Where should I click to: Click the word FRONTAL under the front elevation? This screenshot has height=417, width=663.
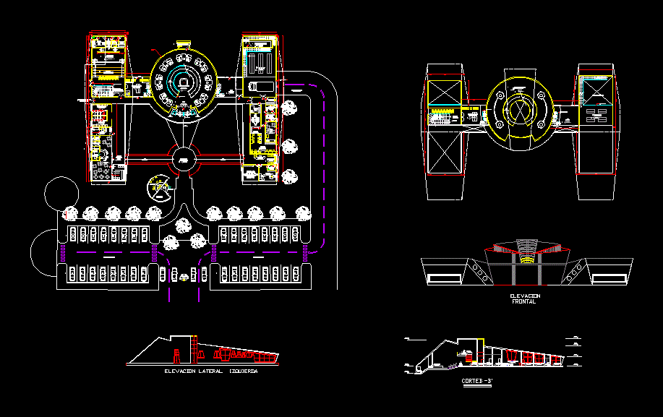tap(524, 301)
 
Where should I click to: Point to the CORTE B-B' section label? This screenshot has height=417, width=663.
tap(476, 380)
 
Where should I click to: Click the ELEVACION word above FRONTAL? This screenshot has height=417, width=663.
tap(524, 296)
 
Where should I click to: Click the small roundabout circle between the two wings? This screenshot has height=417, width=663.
tap(184, 159)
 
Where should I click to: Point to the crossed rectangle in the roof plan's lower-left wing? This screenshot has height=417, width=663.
tap(445, 153)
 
